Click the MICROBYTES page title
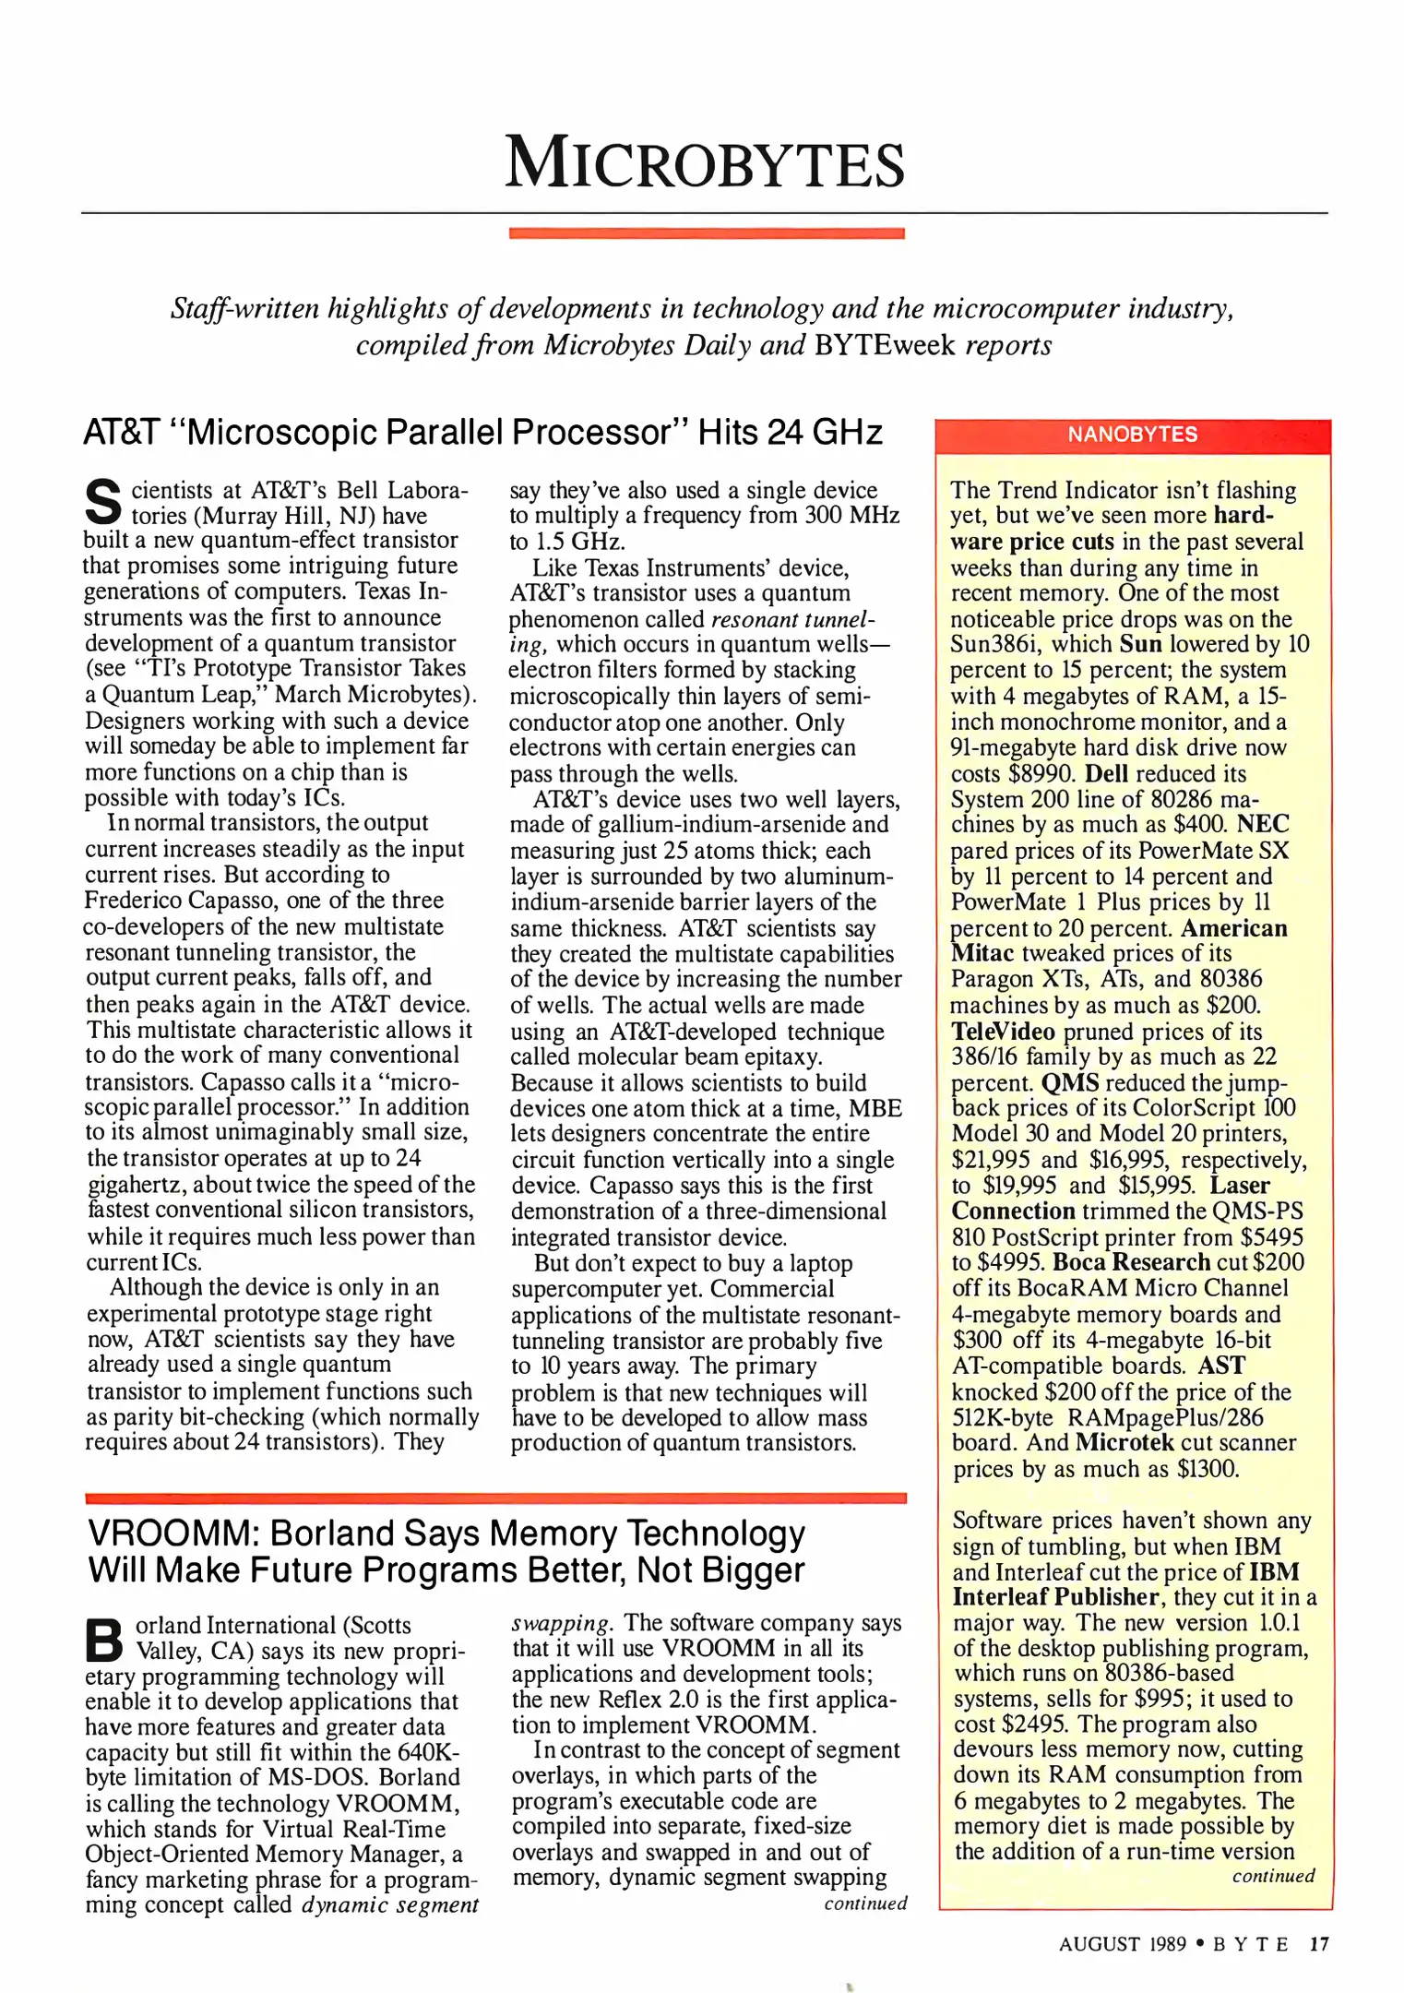coord(705,163)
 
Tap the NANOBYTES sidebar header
coord(1132,435)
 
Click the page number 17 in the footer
coord(1319,1943)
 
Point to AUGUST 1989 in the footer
coord(1122,1943)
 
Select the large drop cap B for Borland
coord(103,1639)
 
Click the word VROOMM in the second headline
coord(170,1534)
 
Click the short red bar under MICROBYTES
coord(706,233)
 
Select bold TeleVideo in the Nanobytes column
coord(1003,1031)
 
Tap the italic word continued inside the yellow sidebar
coord(1272,1876)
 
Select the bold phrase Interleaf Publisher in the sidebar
coord(1055,1596)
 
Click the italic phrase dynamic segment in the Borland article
coord(389,1904)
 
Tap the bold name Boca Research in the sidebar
coord(1131,1261)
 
